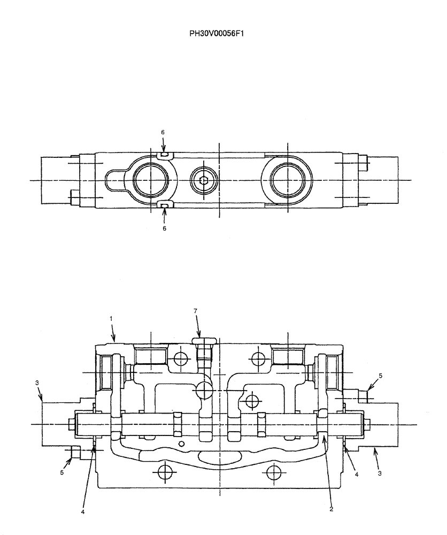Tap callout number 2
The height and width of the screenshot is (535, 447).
332,509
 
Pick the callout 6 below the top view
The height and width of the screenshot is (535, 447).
164,228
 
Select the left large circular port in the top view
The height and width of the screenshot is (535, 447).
151,180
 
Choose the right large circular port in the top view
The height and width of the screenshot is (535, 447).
288,180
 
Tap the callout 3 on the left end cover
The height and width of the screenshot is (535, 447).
37,383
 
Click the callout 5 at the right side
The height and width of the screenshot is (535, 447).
381,376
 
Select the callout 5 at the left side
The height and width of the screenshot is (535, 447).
62,473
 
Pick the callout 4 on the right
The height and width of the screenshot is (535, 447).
357,473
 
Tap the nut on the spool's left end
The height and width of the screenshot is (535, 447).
72,424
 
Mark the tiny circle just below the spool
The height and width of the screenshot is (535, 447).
182,444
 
